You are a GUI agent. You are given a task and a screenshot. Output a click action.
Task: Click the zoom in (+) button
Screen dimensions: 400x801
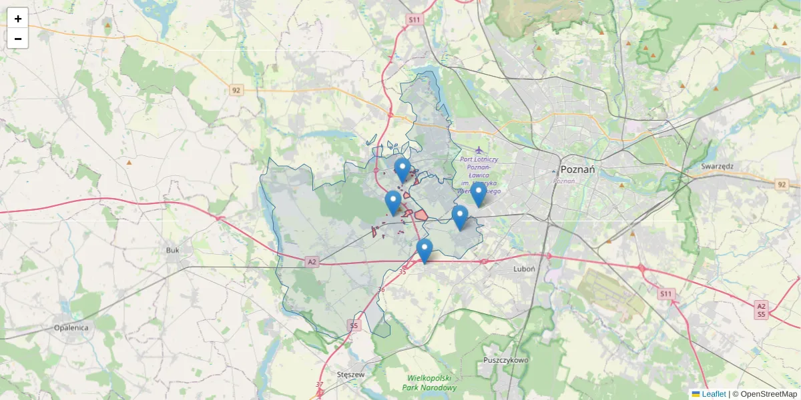click(x=18, y=19)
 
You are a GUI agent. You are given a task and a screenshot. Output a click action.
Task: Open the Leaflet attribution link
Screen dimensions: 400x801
click(x=713, y=394)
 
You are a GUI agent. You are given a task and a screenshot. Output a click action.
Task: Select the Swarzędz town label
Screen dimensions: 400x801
click(x=718, y=166)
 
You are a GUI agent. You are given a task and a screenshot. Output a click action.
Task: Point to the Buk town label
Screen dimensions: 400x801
click(x=172, y=250)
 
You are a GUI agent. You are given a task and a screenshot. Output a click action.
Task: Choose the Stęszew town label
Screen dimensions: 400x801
click(x=351, y=375)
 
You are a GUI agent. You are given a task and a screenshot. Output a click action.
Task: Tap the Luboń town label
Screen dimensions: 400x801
click(x=525, y=269)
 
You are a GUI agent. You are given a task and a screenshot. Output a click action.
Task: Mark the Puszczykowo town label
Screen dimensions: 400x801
click(x=505, y=360)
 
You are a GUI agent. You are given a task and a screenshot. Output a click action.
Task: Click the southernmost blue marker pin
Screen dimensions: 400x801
click(x=424, y=251)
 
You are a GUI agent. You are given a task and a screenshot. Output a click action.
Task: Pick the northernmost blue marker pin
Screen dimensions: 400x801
click(x=402, y=169)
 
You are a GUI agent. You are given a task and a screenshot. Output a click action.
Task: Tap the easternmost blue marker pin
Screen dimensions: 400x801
click(x=479, y=194)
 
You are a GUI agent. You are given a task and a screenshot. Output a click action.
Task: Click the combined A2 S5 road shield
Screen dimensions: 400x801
click(x=761, y=310)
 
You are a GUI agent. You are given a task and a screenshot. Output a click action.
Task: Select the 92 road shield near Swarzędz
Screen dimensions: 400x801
click(x=782, y=184)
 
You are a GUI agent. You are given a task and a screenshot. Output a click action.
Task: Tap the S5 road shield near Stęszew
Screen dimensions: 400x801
click(x=353, y=325)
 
